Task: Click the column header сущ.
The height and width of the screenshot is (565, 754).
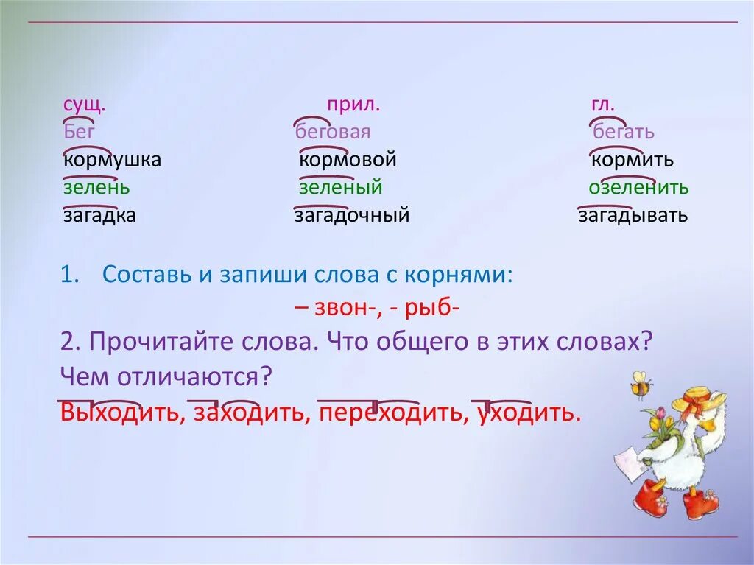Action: tap(84, 105)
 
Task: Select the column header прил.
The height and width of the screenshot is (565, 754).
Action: tap(353, 105)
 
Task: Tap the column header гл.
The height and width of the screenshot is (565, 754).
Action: tap(602, 105)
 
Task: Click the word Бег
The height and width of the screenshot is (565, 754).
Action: tap(79, 133)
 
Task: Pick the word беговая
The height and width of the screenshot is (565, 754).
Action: tap(332, 133)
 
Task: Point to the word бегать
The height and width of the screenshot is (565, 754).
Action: tap(624, 133)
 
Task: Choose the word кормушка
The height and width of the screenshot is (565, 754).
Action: tap(112, 160)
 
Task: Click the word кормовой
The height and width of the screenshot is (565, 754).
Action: tap(348, 160)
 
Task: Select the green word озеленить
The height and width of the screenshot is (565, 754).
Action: tap(638, 188)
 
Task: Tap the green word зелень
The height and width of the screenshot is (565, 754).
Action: tap(96, 188)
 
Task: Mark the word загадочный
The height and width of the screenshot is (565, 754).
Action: tap(351, 216)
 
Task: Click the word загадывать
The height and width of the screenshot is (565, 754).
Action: tap(633, 216)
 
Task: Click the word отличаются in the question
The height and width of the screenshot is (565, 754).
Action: tap(188, 378)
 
